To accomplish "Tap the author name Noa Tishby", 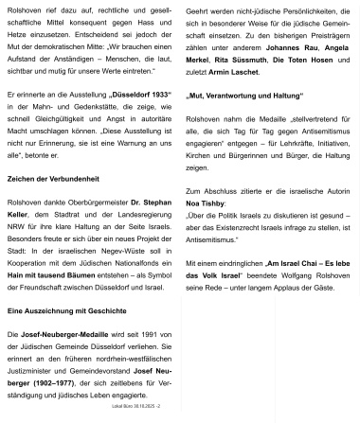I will tap(207, 203).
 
